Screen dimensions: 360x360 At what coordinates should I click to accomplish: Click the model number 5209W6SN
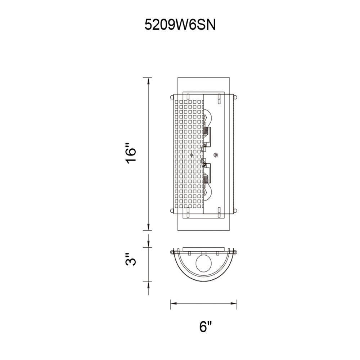click(x=180, y=25)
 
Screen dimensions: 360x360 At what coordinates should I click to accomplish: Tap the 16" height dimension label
click(x=131, y=154)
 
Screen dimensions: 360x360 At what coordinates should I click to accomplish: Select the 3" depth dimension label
click(x=131, y=260)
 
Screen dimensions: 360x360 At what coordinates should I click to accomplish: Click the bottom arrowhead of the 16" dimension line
click(x=149, y=226)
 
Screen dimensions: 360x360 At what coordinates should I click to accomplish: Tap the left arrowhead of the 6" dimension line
click(x=174, y=303)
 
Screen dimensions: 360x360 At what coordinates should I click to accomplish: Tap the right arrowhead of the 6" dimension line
click(x=233, y=303)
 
